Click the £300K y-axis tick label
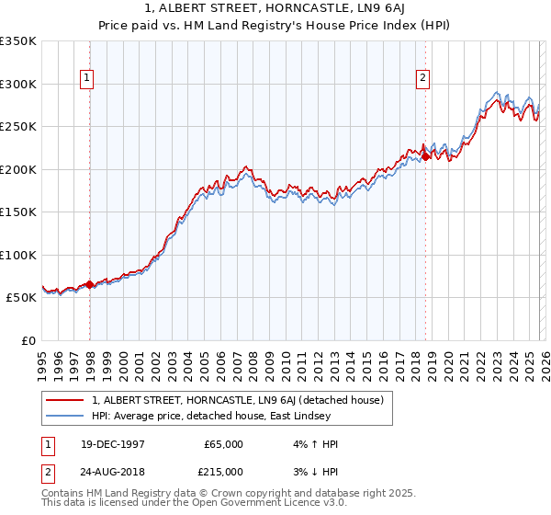click(x=18, y=84)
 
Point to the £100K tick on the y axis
click(x=18, y=255)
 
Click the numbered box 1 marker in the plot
click(x=86, y=79)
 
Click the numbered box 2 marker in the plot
click(x=423, y=79)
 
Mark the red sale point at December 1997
click(x=90, y=284)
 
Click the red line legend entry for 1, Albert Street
click(x=242, y=400)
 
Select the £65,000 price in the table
click(x=224, y=444)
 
